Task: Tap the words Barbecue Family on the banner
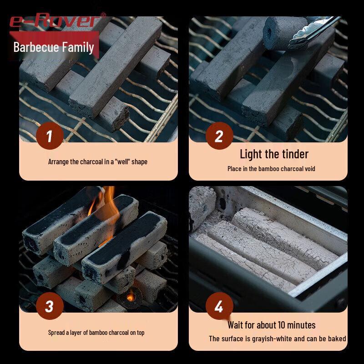pos(54,47)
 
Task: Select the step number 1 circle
pos(50,136)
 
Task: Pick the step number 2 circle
pos(219,136)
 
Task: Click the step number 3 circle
pos(50,306)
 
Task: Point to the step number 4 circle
pos(219,306)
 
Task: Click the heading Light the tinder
pos(274,154)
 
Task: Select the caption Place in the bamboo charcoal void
pos(271,169)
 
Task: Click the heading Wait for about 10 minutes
pos(271,325)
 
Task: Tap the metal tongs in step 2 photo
pos(313,32)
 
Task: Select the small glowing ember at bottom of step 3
pos(130,297)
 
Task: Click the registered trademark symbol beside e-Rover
pos(103,15)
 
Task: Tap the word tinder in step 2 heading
pos(295,154)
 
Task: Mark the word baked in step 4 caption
pos(337,339)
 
